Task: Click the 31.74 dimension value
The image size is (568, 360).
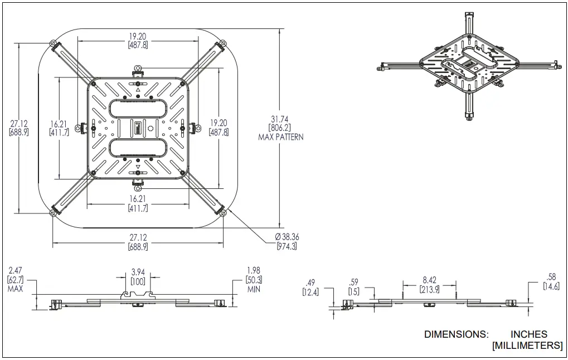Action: coord(281,119)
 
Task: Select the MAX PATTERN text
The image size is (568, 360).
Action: coord(281,137)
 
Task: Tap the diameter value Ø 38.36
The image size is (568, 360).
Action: coord(287,237)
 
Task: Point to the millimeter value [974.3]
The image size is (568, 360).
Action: coord(287,246)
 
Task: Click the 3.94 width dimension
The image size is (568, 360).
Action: coord(138,272)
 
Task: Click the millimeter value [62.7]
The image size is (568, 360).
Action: coord(14,280)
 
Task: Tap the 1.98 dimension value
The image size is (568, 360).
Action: coord(254,271)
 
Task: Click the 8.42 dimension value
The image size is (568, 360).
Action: coord(429,281)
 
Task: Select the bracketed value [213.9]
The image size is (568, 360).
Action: coord(429,289)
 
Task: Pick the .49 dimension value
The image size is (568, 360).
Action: coord(310,282)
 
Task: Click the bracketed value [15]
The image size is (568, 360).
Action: coord(354,291)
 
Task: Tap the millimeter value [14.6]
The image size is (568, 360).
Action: coord(551,286)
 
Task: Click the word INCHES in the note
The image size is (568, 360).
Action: coord(528,334)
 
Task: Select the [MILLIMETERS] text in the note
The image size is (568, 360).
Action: coord(527,346)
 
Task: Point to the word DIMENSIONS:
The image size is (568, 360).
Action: coord(456,334)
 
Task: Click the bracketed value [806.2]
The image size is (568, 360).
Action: coord(281,128)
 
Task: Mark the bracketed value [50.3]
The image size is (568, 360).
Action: coord(254,280)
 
